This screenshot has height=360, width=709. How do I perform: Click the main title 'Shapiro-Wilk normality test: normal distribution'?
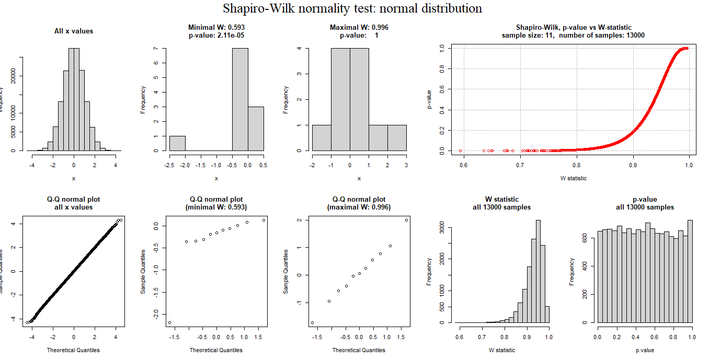[x=352, y=9]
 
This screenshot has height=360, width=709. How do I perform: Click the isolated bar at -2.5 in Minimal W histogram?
[x=177, y=143]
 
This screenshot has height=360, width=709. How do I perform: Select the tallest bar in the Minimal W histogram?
[x=240, y=99]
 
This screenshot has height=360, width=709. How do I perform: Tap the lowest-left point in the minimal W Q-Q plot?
[x=170, y=322]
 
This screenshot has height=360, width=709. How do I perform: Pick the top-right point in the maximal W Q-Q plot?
[x=406, y=220]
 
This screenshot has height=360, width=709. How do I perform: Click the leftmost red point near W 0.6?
[x=460, y=150]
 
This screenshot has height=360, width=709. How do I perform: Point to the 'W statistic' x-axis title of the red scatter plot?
[x=574, y=178]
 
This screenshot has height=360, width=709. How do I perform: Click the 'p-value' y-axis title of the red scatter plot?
[x=429, y=99]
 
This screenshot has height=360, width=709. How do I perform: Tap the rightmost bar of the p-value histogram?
[x=690, y=271]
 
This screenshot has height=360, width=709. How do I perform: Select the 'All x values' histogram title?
[x=74, y=31]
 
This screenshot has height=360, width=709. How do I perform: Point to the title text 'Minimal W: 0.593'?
[x=216, y=27]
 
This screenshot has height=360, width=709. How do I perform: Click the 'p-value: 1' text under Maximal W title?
[x=359, y=35]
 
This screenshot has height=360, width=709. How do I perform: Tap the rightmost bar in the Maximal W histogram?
[x=397, y=138]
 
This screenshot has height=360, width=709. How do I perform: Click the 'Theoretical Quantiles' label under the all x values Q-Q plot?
[x=73, y=350]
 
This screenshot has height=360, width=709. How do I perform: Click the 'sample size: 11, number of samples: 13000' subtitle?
[x=573, y=35]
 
